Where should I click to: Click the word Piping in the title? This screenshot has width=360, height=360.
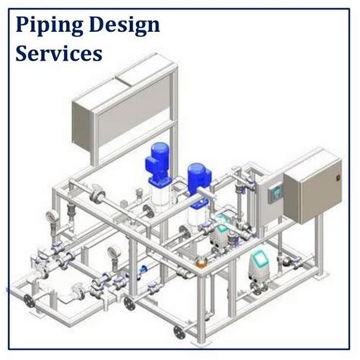pyautogui.click(x=45, y=27)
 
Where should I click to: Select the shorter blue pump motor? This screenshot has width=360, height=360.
pyautogui.click(x=198, y=176)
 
